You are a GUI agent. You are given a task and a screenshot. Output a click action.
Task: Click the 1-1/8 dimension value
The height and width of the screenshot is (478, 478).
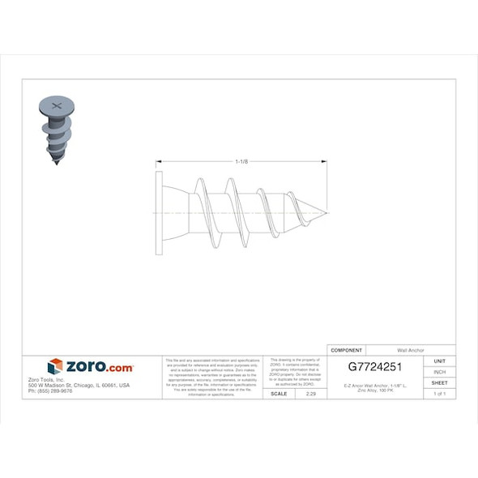click(241, 162)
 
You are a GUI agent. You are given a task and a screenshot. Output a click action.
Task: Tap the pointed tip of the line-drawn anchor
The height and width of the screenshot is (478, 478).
click(326, 213)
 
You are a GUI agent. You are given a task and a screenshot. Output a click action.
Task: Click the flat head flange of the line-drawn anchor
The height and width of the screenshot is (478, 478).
click(159, 213)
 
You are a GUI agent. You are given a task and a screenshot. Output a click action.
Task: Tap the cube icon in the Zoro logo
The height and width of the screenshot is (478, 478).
click(55, 367)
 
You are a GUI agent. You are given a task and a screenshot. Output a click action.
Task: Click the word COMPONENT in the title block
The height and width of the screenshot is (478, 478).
click(347, 349)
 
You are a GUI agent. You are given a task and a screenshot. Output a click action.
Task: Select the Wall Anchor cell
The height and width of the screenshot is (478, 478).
click(410, 349)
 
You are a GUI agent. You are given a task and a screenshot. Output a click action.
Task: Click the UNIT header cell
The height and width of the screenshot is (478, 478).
click(440, 361)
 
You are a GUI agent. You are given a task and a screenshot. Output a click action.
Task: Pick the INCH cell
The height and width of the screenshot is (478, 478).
click(440, 371)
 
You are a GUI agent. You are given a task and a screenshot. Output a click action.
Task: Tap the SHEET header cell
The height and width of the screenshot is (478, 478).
click(440, 382)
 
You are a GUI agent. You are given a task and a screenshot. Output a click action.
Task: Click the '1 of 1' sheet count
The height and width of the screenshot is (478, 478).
click(440, 393)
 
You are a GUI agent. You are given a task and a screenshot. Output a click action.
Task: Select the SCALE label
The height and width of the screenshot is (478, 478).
click(279, 393)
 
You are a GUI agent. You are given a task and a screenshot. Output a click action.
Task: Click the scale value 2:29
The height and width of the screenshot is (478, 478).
click(310, 393)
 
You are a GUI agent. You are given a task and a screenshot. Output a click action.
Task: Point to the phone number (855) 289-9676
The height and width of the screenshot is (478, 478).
click(50, 391)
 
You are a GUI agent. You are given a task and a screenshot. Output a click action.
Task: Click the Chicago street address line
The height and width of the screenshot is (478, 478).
click(79, 385)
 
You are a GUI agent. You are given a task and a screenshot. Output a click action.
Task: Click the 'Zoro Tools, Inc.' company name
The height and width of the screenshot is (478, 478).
click(45, 379)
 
